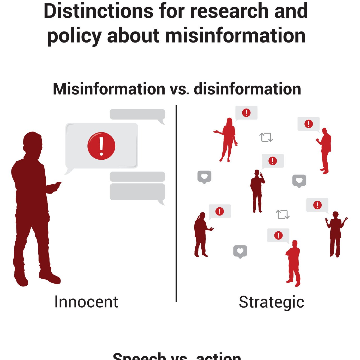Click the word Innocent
pos(86,302)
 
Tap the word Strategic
pos(271,302)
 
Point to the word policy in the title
pos(74,36)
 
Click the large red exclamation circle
pos(101,146)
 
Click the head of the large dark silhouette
pos(32,142)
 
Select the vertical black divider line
pos(176,203)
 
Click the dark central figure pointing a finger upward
pos(257,190)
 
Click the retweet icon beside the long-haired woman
pos(266,137)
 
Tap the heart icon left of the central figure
pos(204,177)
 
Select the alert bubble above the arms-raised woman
pos(317,205)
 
